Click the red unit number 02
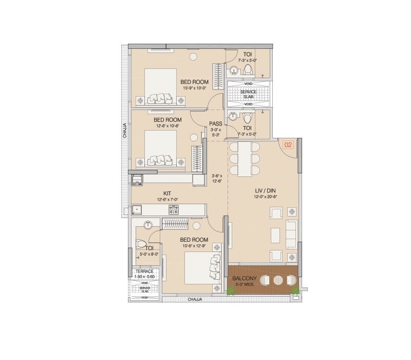click(x=288, y=145)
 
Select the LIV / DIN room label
click(x=266, y=191)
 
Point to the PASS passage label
click(x=215, y=123)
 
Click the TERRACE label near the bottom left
click(x=144, y=271)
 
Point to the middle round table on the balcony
click(x=278, y=281)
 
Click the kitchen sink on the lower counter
click(x=137, y=209)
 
